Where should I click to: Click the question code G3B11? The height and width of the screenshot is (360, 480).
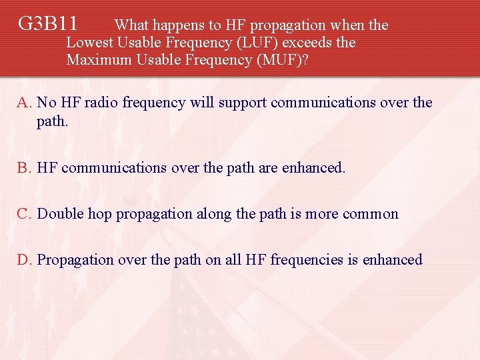point(47,25)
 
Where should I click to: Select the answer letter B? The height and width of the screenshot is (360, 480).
point(25,168)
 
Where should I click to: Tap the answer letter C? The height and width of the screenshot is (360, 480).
point(25,214)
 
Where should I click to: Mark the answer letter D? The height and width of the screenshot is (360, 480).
point(25,259)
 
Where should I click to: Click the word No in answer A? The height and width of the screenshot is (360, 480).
point(47,103)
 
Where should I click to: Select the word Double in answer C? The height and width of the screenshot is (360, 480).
point(59,214)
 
